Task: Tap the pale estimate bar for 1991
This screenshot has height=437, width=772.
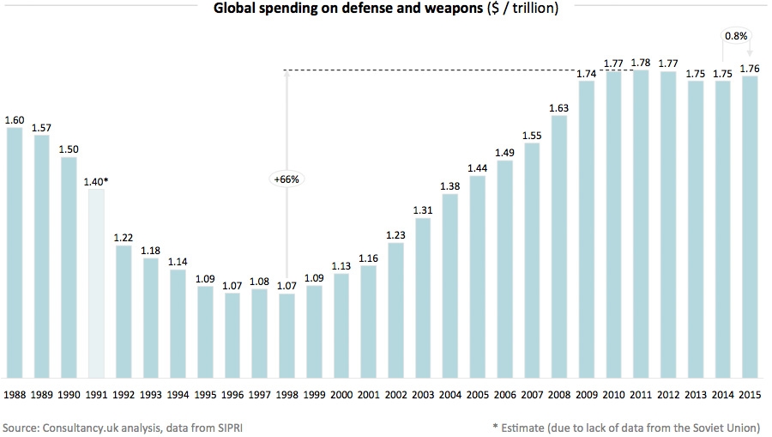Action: click(x=97, y=283)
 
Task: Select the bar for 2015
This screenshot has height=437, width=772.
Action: click(x=749, y=227)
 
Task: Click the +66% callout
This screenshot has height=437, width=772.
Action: click(x=287, y=179)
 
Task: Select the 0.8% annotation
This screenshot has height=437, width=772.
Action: click(x=736, y=36)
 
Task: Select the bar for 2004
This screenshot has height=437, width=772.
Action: click(x=449, y=285)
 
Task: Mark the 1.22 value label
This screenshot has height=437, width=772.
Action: click(x=124, y=238)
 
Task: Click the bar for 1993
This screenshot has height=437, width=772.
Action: click(x=152, y=317)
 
